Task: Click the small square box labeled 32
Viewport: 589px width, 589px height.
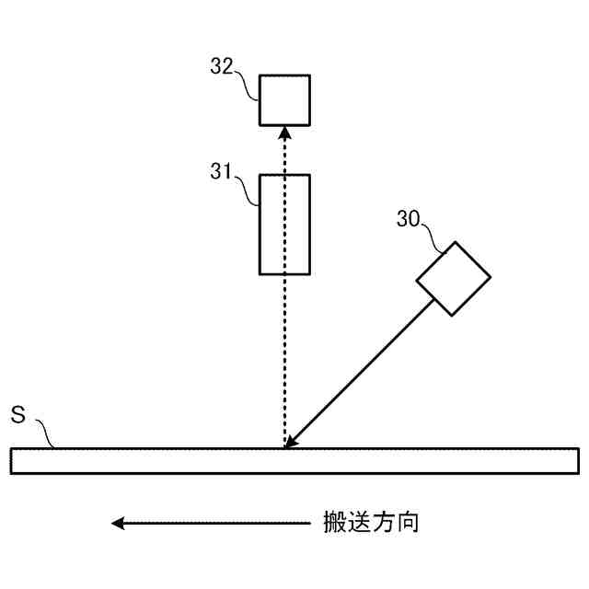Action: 284,99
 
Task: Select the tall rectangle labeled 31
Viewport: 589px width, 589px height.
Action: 284,224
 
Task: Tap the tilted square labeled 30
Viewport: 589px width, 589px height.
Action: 453,278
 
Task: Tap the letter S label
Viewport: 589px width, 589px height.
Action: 17,413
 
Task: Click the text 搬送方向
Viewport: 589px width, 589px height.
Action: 371,523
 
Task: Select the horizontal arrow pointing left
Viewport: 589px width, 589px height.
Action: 212,524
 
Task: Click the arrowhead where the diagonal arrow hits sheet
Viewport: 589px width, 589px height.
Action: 291,443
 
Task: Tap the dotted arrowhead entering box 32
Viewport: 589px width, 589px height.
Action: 284,132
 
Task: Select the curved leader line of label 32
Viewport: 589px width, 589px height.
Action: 248,85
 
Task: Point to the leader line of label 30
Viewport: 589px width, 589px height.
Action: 437,237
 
